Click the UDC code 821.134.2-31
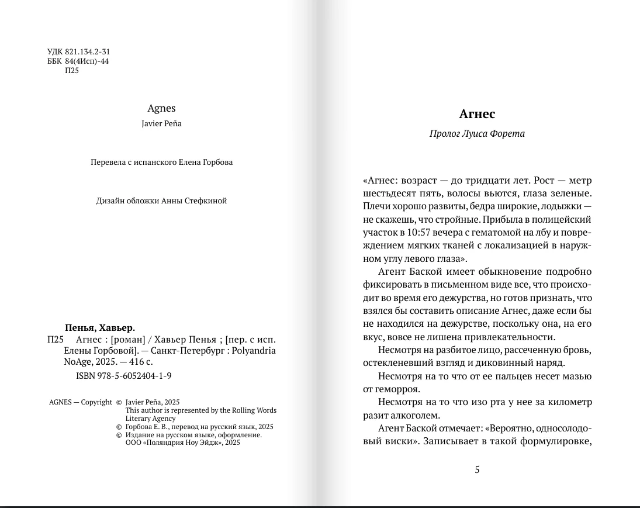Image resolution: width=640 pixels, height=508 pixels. pyautogui.click(x=88, y=52)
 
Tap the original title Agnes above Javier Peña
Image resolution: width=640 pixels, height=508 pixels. pyautogui.click(x=162, y=108)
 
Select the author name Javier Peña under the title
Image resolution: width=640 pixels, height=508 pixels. pyautogui.click(x=162, y=123)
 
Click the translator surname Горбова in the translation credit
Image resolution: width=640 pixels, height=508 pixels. pyautogui.click(x=218, y=162)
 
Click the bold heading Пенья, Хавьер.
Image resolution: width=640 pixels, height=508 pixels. pyautogui.click(x=100, y=327)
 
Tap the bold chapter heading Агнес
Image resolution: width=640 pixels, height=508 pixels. pyautogui.click(x=477, y=114)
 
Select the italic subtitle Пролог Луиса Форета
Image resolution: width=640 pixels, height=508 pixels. pyautogui.click(x=477, y=133)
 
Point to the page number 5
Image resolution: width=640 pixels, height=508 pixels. pyautogui.click(x=477, y=469)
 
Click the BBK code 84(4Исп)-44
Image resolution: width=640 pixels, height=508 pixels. pyautogui.click(x=87, y=61)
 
